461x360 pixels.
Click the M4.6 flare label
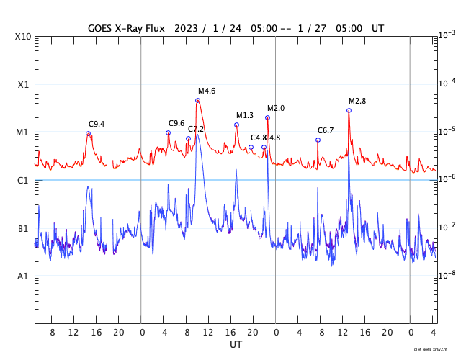pos(207,91)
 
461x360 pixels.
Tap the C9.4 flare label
pos(97,124)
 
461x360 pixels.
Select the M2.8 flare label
pos(357,101)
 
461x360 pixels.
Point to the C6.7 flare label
pos(325,130)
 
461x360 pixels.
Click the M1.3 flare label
pos(245,115)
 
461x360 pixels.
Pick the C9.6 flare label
pos(176,123)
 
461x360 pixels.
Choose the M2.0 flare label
pos(276,108)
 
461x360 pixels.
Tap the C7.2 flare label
pos(196,129)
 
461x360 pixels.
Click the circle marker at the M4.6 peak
pos(197,100)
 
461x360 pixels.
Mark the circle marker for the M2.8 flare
pos(349,110)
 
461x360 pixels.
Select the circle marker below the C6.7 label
pos(318,140)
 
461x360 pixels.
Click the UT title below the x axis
pos(236,345)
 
